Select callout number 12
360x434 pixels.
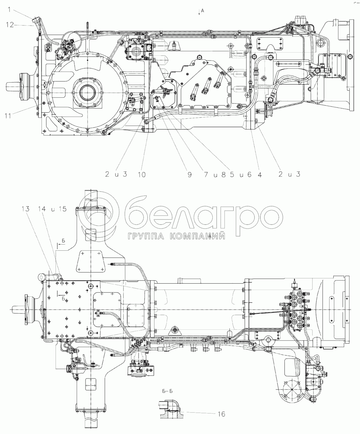point(10,25)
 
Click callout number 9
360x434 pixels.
point(190,174)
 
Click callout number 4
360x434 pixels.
point(259,174)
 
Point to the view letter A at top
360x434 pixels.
point(202,11)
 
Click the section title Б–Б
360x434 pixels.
point(167,391)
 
